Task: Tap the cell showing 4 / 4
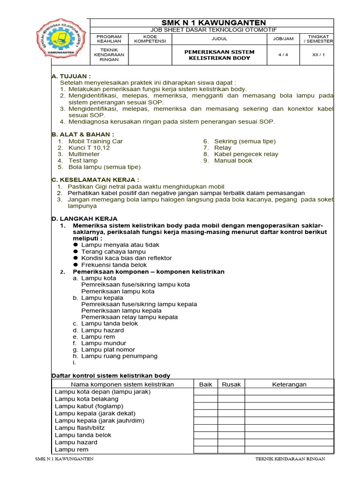click(283, 55)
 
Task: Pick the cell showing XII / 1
click(318, 55)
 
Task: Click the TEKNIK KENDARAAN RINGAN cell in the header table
click(109, 55)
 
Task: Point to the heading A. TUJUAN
click(71, 76)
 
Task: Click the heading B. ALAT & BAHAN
click(82, 135)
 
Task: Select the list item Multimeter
click(84, 154)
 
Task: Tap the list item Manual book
click(233, 161)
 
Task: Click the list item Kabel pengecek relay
click(246, 154)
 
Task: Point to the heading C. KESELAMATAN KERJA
click(95, 180)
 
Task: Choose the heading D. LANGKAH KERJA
click(84, 219)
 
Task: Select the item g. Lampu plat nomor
click(108, 350)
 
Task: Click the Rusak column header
click(231, 384)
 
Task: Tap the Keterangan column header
click(289, 384)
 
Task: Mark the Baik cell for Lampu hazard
click(206, 442)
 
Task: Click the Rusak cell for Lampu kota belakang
click(231, 399)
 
